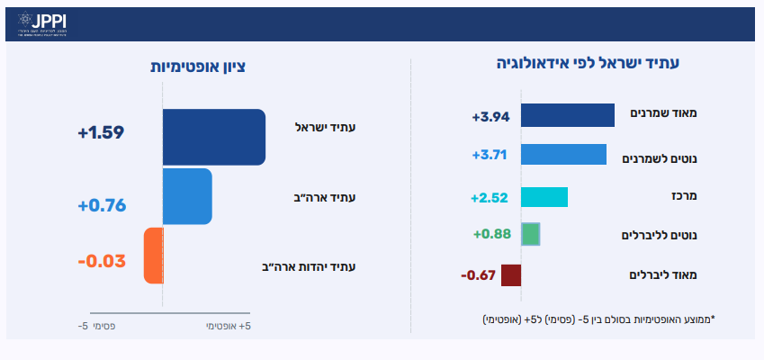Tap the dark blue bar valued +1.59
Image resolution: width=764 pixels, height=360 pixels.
click(x=213, y=138)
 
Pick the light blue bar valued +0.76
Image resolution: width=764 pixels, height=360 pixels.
click(x=187, y=196)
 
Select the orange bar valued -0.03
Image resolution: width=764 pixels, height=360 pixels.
click(x=153, y=256)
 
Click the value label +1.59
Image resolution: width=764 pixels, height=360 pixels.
click(x=101, y=133)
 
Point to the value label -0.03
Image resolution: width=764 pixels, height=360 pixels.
click(x=101, y=262)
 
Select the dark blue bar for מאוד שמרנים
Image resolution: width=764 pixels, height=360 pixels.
click(x=568, y=115)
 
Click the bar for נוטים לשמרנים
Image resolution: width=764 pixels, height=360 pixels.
click(x=564, y=154)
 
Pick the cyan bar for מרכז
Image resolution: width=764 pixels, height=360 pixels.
click(x=544, y=197)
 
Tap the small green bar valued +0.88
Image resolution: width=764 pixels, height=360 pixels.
click(x=531, y=234)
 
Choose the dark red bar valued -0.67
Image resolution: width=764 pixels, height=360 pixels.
click(x=511, y=275)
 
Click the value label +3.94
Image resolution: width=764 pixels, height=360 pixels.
click(x=490, y=116)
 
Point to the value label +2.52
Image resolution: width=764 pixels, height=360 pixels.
click(x=490, y=197)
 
